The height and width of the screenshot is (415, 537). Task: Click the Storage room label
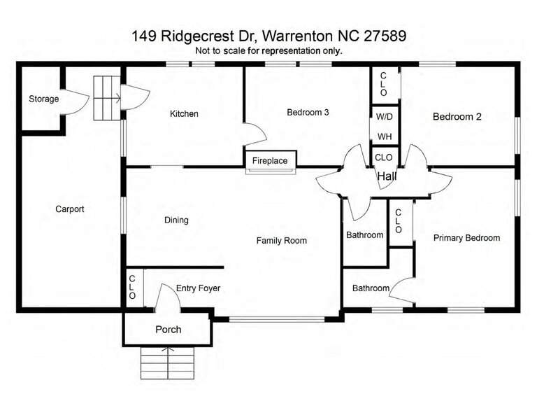[x=43, y=99]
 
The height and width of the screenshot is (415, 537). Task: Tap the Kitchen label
[x=184, y=114]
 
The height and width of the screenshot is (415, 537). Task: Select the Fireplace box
[x=271, y=160]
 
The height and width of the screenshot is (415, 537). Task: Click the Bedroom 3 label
[x=308, y=112]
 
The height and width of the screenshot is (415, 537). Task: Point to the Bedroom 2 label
[x=457, y=116]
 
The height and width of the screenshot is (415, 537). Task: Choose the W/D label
[x=385, y=117]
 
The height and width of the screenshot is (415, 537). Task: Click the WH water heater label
[x=385, y=136]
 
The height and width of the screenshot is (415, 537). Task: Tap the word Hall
[x=387, y=176]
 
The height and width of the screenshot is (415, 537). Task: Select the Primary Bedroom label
[x=466, y=238]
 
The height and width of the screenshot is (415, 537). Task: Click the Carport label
[x=70, y=209]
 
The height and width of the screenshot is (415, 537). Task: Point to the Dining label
[x=176, y=220]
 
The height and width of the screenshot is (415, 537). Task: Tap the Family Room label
[x=282, y=241]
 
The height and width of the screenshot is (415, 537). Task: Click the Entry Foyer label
[x=198, y=288]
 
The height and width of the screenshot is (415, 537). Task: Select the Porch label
[x=168, y=330]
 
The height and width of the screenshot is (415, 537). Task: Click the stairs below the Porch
[x=168, y=363]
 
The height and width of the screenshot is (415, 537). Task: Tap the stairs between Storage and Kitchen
[x=107, y=98]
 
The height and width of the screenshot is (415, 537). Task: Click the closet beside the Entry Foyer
[x=135, y=287]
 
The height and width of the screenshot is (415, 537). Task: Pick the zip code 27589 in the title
[x=385, y=36]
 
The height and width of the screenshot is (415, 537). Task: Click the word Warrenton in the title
[x=298, y=36]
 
